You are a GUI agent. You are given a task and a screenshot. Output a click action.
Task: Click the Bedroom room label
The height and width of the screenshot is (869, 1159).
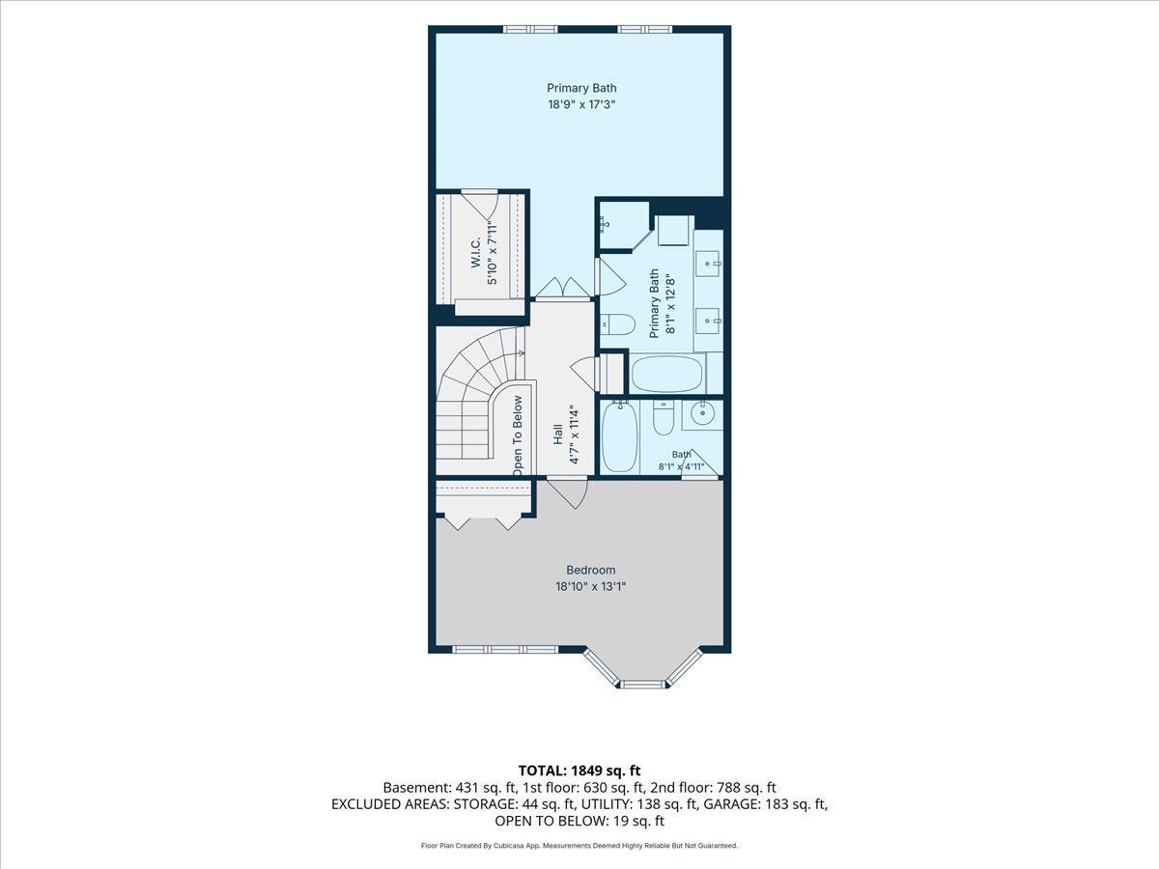click(x=590, y=570)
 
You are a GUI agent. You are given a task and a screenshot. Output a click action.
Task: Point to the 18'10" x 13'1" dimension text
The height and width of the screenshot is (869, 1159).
click(x=590, y=586)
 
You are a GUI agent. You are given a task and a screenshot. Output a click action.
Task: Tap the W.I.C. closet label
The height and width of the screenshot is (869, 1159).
click(x=476, y=252)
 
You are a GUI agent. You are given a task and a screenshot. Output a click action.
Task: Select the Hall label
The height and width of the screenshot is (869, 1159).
click(x=557, y=434)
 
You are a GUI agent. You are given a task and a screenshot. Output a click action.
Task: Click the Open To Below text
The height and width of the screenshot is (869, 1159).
click(x=518, y=435)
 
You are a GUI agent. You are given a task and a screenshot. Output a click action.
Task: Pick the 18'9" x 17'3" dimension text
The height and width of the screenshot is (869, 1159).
click(x=581, y=104)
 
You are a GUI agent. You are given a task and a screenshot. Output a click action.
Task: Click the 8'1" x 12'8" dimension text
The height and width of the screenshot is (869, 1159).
click(x=670, y=303)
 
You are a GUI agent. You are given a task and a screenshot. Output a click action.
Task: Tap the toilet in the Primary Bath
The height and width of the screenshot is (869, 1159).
click(x=617, y=324)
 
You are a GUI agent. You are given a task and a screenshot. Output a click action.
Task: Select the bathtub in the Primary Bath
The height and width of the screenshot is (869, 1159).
click(x=667, y=374)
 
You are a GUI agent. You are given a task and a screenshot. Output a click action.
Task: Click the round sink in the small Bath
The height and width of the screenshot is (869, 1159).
click(x=703, y=414)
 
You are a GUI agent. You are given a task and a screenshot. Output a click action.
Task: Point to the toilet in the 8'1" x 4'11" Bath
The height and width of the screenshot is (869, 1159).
click(x=664, y=417)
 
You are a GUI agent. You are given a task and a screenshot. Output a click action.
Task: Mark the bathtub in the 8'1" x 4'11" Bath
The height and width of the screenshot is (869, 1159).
click(x=620, y=436)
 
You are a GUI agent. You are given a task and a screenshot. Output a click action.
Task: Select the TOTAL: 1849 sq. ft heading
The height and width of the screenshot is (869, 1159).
click(x=579, y=771)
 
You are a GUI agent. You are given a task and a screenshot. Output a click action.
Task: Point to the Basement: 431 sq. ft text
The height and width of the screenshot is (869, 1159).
click(x=449, y=788)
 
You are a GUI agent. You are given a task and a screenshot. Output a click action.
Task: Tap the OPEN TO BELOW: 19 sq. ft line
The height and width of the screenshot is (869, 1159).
click(x=579, y=821)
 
